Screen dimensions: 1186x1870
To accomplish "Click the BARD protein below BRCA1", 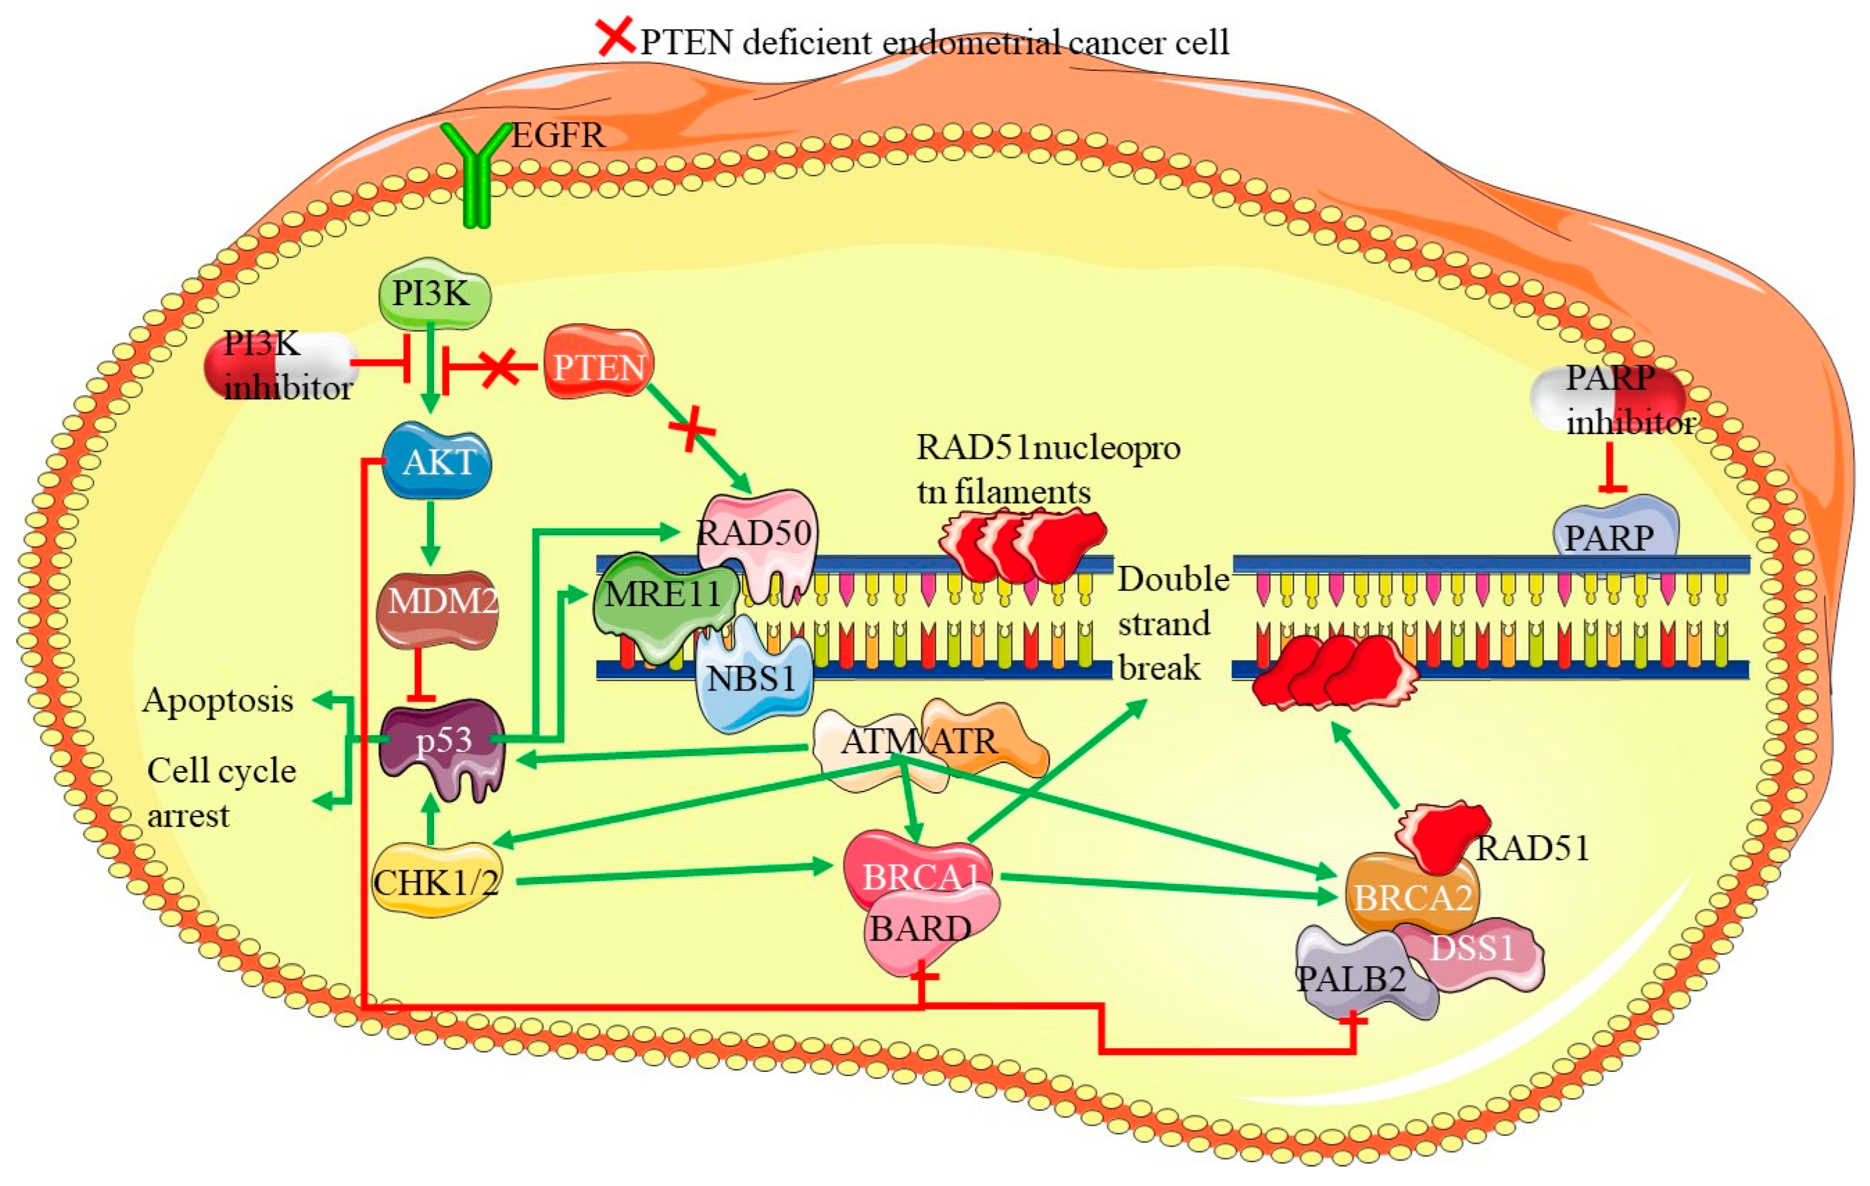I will coord(924,932).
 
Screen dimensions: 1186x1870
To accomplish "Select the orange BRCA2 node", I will coord(1410,897).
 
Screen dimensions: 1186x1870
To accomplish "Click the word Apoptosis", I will coord(218,700).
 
